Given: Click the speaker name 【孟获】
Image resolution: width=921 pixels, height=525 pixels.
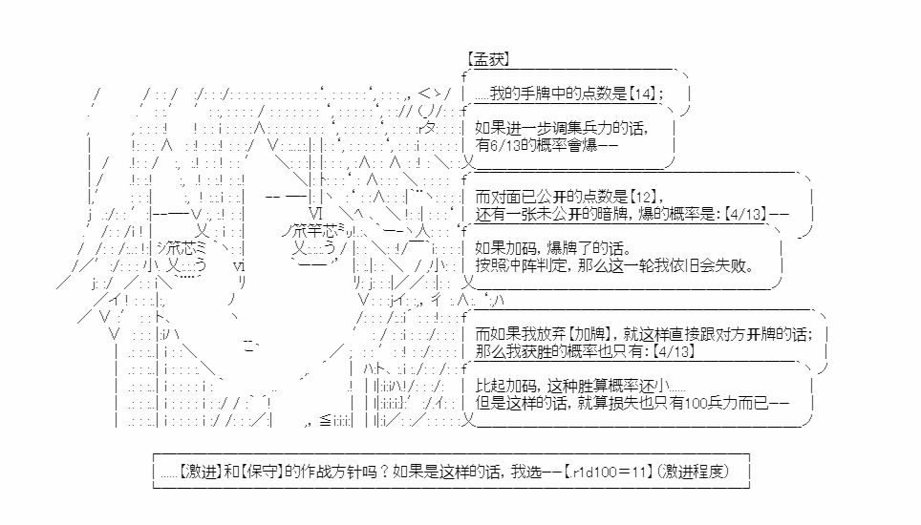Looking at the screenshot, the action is pos(487,59).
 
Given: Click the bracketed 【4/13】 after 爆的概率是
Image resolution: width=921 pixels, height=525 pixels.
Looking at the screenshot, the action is pos(744,214).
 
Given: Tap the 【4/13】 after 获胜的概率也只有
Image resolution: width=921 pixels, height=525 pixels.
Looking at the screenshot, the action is pos(674,351).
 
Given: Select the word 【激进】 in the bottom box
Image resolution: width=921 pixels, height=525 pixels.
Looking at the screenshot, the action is pos(199,471).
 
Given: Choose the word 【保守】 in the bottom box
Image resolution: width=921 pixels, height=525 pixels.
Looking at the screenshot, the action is pos(262,471).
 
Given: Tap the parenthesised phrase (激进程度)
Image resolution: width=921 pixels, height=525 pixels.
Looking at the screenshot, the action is pos(694,471).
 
